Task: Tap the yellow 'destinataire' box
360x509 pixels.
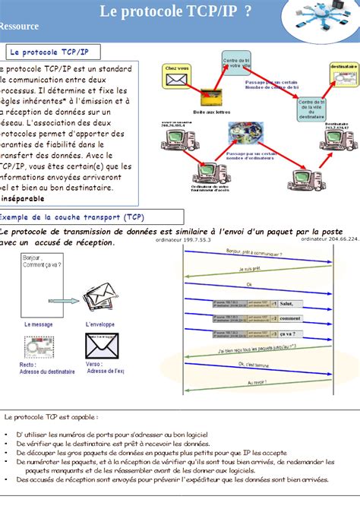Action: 343,77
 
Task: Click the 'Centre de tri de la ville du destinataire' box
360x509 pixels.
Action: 312,109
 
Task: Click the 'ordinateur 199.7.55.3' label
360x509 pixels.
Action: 182,239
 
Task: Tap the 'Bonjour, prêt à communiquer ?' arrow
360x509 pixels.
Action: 258,255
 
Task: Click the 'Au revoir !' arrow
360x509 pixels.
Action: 258,382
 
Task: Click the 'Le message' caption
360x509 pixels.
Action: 39,324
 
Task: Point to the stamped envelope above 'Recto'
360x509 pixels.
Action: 41,349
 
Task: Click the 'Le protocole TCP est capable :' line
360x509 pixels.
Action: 51,417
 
